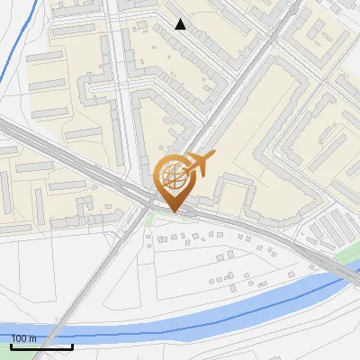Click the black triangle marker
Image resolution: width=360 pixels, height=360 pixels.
tap(180, 24)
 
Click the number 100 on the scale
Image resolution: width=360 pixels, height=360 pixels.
tap(22, 338)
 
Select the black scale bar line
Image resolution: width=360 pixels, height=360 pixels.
tap(41, 346)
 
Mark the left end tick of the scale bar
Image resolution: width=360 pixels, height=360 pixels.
tap(12, 345)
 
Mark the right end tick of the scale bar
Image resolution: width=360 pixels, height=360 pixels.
tap(72, 345)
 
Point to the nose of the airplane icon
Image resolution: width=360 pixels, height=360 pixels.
tap(213, 157)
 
